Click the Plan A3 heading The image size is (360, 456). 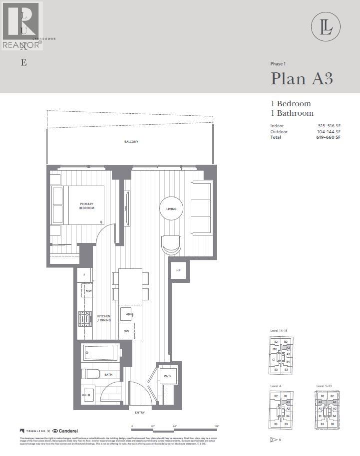point(302,79)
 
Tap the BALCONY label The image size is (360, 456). point(131,142)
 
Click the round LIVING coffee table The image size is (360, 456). point(171,209)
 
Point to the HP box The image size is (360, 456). point(178,270)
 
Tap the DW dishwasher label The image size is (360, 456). point(126,331)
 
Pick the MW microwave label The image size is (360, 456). point(88,291)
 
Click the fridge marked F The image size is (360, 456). point(84,275)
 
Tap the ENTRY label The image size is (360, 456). point(140,413)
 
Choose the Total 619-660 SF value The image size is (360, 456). point(331,137)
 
